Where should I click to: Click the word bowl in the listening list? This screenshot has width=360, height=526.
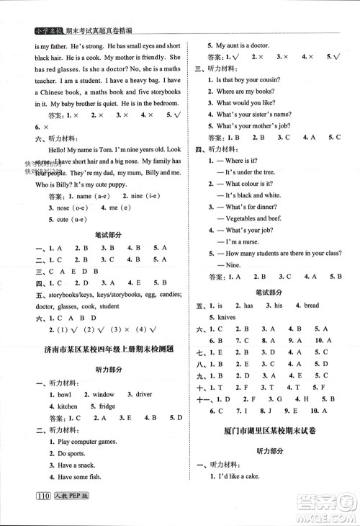click(65, 395)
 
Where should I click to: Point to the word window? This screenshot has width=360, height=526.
click(103, 395)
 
